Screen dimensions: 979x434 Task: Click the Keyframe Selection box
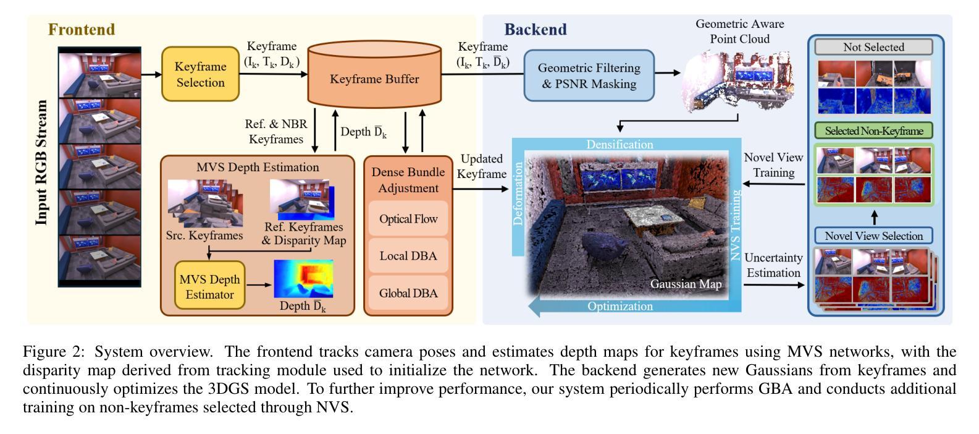point(201,74)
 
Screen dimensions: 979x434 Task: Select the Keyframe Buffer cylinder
point(374,74)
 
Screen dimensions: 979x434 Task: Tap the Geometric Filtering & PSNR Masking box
point(589,75)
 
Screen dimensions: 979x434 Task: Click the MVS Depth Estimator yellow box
point(210,285)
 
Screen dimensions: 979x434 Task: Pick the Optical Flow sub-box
point(408,219)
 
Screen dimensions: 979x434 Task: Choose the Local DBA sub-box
point(408,256)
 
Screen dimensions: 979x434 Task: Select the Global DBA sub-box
point(408,293)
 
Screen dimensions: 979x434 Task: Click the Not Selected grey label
point(873,47)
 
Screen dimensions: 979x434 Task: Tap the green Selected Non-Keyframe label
point(873,131)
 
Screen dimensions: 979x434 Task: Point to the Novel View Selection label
point(873,236)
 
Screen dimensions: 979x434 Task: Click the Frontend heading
point(82,29)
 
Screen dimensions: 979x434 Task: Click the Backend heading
point(536,29)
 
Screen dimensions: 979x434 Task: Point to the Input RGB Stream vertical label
point(41,163)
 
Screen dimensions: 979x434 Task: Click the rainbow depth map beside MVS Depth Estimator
point(303,279)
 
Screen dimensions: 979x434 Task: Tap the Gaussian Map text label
point(686,284)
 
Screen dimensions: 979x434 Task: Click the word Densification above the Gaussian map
point(620,145)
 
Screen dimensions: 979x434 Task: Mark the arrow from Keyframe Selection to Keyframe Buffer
point(274,74)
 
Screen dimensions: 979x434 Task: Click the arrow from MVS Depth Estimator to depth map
point(259,285)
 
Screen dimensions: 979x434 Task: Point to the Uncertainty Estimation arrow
point(774,285)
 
